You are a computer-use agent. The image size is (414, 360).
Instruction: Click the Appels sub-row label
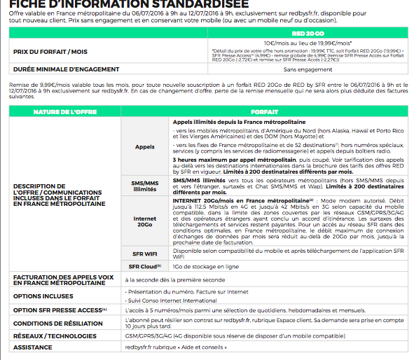pyautogui.click(x=144, y=148)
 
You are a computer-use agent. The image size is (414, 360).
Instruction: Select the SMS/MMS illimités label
pyautogui.click(x=144, y=186)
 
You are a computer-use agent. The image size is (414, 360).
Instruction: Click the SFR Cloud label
pyautogui.click(x=144, y=266)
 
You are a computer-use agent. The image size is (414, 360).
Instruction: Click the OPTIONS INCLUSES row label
pyautogui.click(x=43, y=296)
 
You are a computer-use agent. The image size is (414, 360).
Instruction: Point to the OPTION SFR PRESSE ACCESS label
pyautogui.click(x=58, y=310)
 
